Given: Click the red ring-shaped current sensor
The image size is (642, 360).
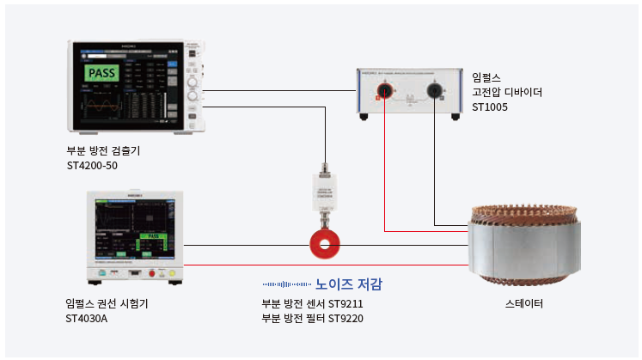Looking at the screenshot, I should pos(325,245).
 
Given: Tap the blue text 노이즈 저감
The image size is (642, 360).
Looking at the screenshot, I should pos(348,284).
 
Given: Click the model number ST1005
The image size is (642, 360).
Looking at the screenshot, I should pos(490,107).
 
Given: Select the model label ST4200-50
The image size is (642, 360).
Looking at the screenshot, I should pos(92,166).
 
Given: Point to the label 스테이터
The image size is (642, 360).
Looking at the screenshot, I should pos(523,304).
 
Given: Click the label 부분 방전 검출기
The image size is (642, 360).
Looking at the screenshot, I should pos(103,150).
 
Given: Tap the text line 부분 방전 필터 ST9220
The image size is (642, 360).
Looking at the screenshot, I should pos(313,320).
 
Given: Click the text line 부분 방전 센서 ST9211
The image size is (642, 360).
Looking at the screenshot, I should pos(313,304).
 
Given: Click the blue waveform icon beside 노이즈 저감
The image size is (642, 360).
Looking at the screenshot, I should pos(286,284).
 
